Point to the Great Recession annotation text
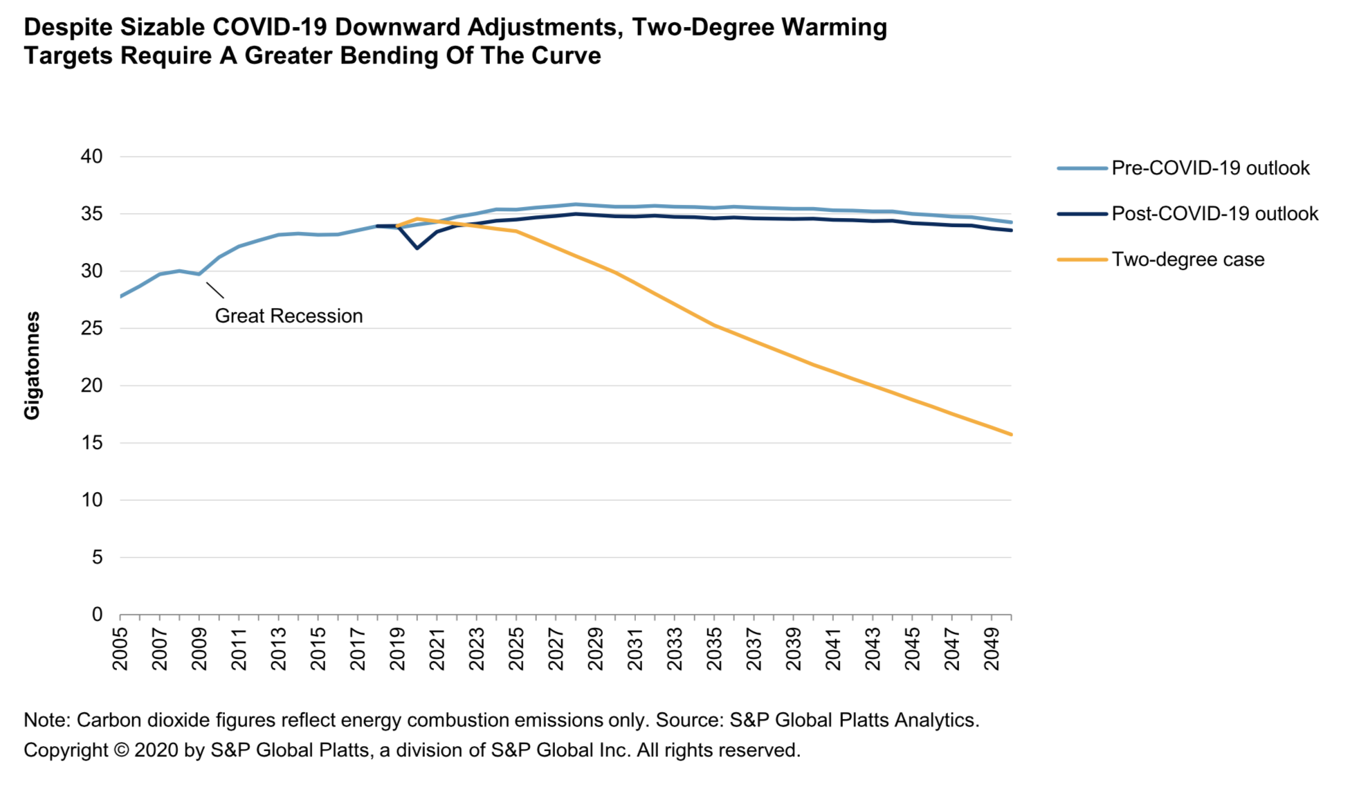coord(289,316)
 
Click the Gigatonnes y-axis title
coord(33,365)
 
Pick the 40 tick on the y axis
coord(91,156)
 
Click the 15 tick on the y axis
coord(91,443)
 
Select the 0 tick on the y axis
coord(97,615)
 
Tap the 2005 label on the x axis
coord(120,649)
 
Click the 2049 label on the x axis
coord(992,649)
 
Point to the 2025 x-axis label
coord(516,649)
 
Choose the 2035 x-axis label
coord(715,649)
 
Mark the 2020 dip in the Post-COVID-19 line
coord(417,248)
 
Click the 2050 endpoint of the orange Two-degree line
coord(1011,435)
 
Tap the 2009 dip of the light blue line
coord(199,274)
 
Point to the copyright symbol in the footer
coord(121,750)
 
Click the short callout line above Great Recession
coord(215,291)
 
